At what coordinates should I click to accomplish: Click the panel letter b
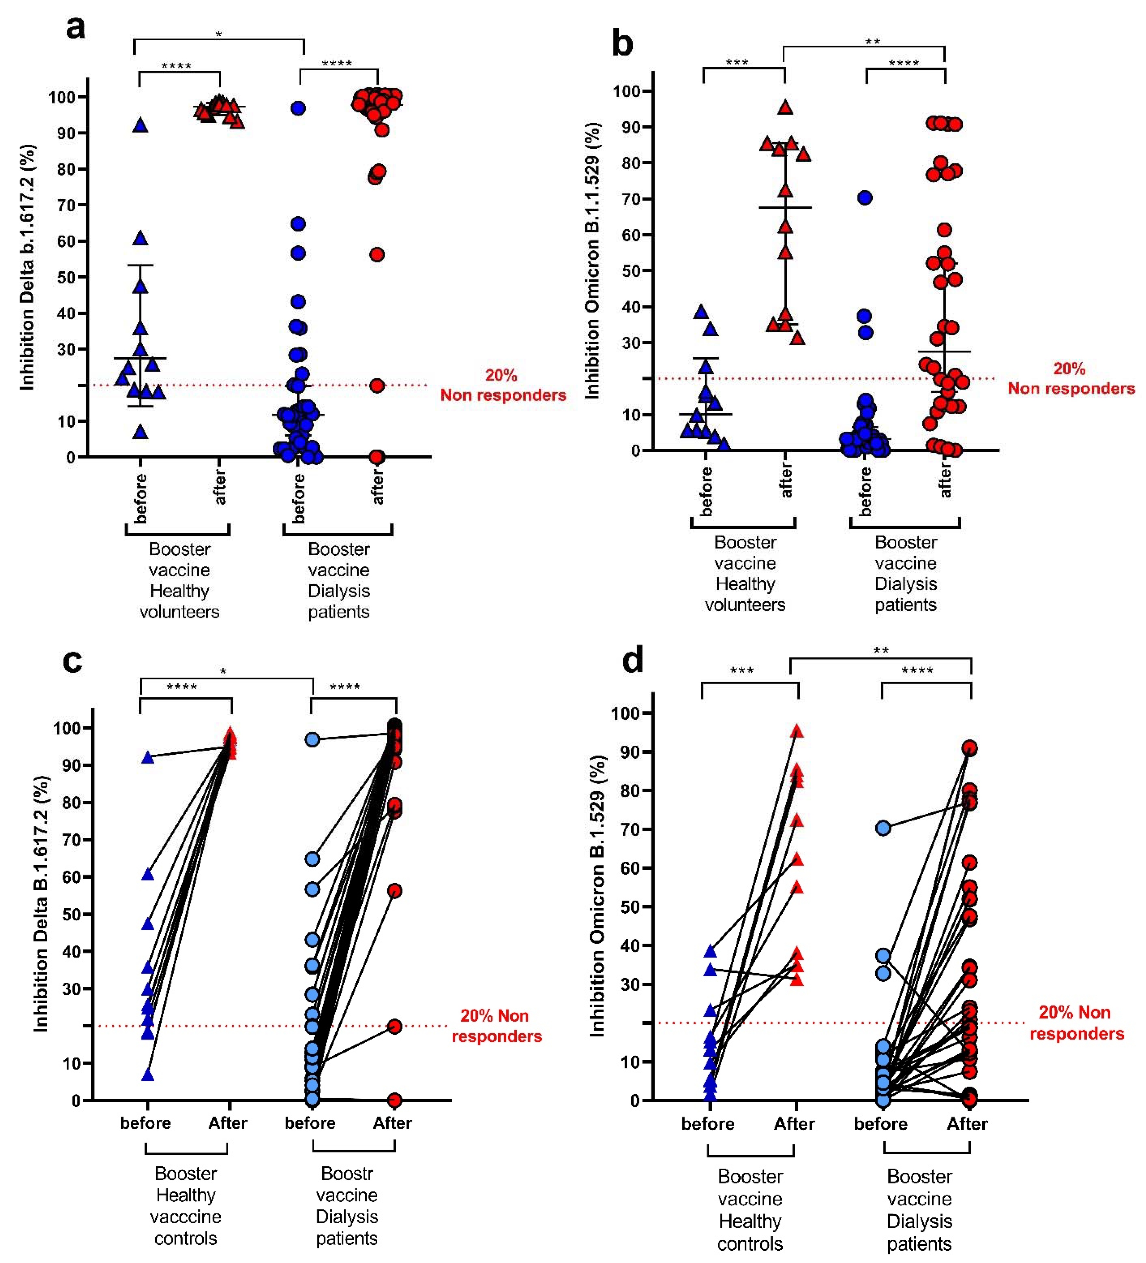622,44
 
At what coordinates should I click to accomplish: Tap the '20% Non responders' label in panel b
1071,379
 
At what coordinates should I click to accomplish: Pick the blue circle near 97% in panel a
298,108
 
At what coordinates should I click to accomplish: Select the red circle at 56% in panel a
376,254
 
